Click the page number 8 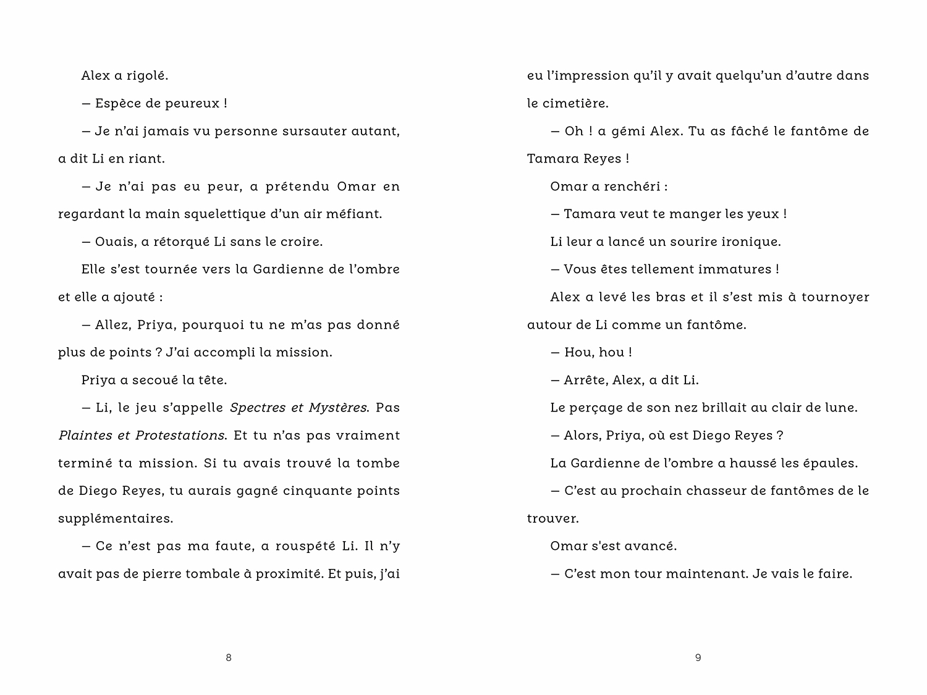point(229,658)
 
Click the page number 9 point(698,658)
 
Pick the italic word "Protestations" point(180,436)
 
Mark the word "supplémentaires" point(116,519)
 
